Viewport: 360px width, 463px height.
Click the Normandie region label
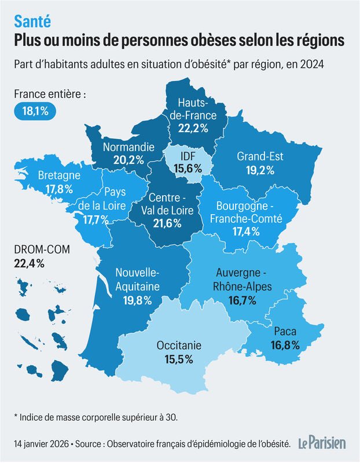click(128, 148)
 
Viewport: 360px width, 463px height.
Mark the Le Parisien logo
click(322, 443)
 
